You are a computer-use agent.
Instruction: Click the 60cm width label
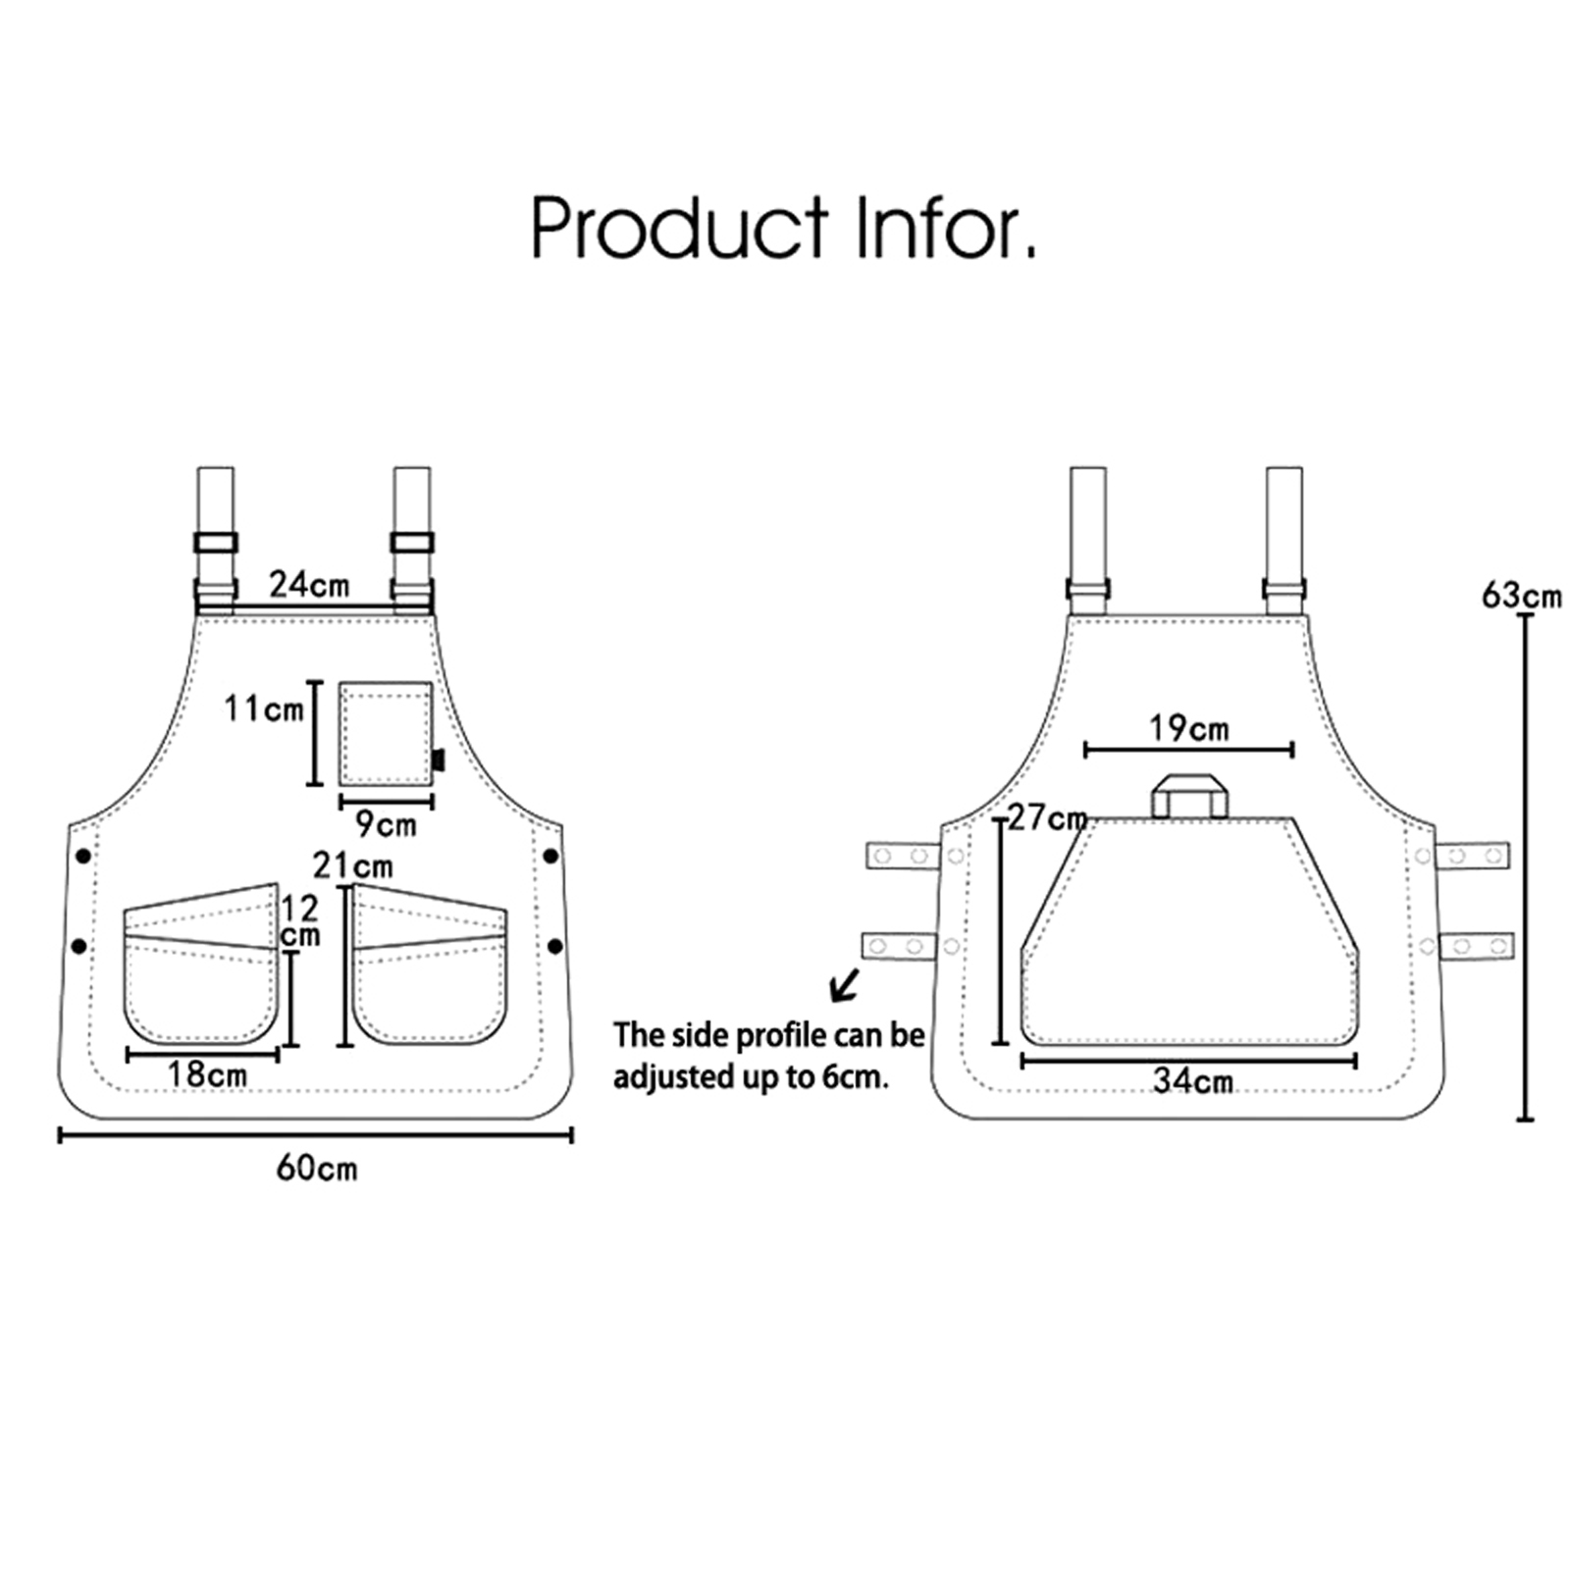click(317, 1169)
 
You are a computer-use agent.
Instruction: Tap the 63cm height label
click(1521, 595)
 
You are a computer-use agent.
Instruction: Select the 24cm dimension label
click(309, 585)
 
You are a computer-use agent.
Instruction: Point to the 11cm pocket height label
click(263, 707)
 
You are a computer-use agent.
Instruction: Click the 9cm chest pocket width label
click(386, 824)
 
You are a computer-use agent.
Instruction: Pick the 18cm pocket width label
click(207, 1074)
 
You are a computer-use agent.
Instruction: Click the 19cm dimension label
click(1189, 728)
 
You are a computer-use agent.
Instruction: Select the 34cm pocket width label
click(1192, 1081)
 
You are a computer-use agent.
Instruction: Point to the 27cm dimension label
click(1047, 816)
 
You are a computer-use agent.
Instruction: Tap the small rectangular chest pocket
click(387, 734)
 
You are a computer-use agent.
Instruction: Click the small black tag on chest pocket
click(439, 759)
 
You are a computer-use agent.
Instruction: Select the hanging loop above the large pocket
click(1189, 795)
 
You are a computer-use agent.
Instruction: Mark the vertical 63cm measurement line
click(1525, 867)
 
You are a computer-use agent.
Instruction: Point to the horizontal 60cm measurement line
click(316, 1135)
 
